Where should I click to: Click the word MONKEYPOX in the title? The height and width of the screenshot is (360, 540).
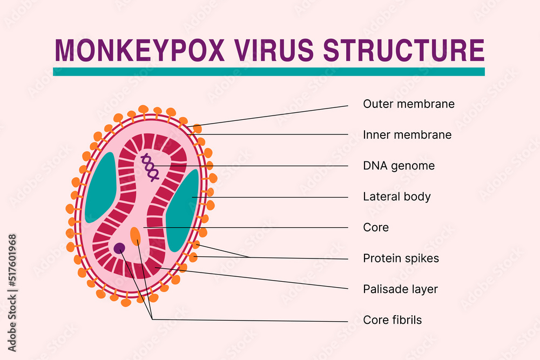coord(140,50)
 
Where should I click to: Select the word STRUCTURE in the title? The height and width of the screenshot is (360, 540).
coord(404,50)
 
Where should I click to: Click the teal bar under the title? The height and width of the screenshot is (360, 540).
coord(269,72)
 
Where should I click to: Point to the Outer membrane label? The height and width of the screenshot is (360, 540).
coord(409,104)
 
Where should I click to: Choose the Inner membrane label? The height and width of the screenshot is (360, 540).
coord(407,135)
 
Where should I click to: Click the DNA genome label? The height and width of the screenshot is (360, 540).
coord(399,166)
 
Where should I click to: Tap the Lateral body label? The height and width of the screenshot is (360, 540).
coord(397,196)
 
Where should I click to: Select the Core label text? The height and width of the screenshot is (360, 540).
coord(376,227)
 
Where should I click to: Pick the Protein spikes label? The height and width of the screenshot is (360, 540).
coord(401,258)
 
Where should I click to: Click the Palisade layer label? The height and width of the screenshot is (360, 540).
coord(400,289)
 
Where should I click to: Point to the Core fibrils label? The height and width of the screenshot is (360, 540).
coord(392,320)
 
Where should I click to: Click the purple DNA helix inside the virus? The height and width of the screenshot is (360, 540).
coord(150,167)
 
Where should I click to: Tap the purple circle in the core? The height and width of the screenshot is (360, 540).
coord(119,248)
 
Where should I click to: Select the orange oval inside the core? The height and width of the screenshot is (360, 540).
coord(136,236)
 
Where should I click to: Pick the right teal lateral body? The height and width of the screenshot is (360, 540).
coord(183,210)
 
